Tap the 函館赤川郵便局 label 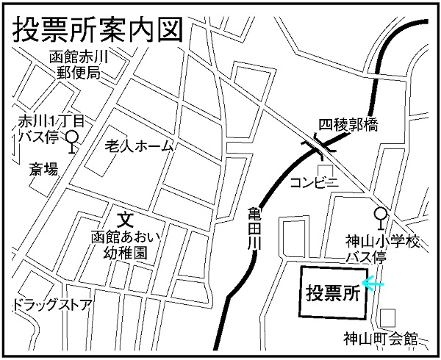tap(78, 65)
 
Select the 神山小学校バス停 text tap(382, 249)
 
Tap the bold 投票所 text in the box tap(331, 292)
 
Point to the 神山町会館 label tap(380, 339)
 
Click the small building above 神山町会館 tap(387, 317)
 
